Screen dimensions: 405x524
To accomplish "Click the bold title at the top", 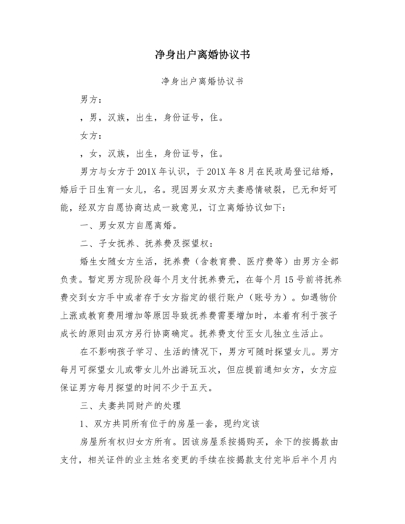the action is [202, 55].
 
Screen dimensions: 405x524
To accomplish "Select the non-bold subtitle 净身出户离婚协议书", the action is [202, 82].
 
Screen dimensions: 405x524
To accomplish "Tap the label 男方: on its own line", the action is [91, 99].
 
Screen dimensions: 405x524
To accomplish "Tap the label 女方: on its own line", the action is [91, 135].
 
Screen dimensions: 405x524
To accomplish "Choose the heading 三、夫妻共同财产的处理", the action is [134, 405].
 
